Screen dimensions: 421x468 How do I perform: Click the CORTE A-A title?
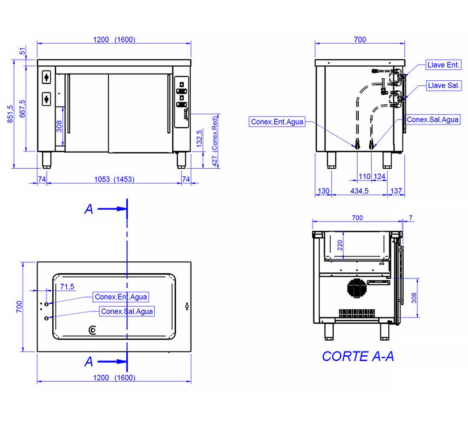[x=358, y=356]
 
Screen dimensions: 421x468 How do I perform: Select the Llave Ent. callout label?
[x=443, y=65]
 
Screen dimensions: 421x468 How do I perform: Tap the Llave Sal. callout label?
[x=443, y=86]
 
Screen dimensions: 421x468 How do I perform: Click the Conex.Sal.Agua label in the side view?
[x=433, y=120]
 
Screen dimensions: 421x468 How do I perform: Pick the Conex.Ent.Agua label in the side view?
[x=277, y=122]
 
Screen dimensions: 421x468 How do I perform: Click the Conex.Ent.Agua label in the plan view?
[x=121, y=297]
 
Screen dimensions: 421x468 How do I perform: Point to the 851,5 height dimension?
[x=11, y=113]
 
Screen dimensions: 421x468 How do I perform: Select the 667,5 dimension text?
[x=23, y=108]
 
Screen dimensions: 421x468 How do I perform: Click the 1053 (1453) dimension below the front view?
[x=114, y=179]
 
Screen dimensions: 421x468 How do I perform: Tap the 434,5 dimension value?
[x=359, y=191]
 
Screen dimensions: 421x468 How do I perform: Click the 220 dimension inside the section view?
[x=340, y=245]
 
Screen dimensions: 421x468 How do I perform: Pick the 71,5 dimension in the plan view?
[x=67, y=287]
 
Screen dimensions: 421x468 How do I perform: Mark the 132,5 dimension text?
[x=200, y=138]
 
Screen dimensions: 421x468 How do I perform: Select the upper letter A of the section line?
[x=89, y=209]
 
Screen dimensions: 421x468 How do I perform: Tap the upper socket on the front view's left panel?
[x=46, y=77]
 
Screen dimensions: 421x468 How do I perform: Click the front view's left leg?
[x=47, y=160]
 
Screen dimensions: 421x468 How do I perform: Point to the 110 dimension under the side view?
[x=364, y=177]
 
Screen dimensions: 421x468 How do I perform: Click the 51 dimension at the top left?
[x=23, y=51]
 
